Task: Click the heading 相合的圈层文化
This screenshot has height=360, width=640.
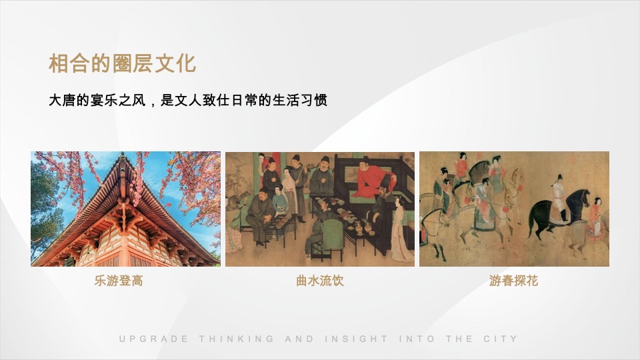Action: tap(122, 64)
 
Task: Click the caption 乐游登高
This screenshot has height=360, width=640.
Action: tap(119, 281)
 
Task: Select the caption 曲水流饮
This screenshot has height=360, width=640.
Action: tap(320, 281)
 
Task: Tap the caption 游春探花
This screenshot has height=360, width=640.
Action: tap(513, 281)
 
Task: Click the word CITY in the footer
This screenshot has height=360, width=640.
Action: tap(500, 339)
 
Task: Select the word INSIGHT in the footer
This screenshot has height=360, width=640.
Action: tap(356, 339)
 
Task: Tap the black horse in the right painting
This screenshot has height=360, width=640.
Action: tap(553, 210)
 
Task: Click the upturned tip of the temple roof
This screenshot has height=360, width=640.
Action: tap(123, 158)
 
